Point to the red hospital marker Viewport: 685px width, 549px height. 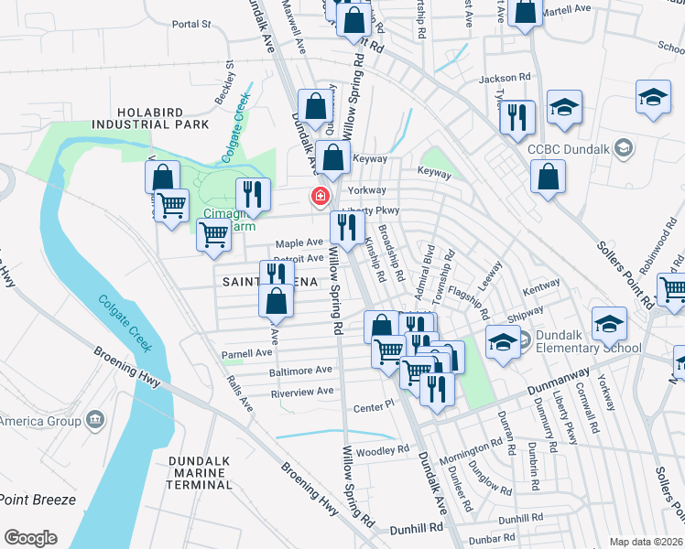[x=321, y=196]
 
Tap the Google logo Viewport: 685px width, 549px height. [x=30, y=538]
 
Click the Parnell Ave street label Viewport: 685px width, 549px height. [x=247, y=352]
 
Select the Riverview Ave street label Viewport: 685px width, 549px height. [x=301, y=392]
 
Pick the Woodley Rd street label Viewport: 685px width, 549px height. [x=383, y=450]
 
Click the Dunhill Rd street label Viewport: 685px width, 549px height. [x=417, y=528]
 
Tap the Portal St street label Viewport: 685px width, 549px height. [x=190, y=23]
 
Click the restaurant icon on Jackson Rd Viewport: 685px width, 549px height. [x=517, y=117]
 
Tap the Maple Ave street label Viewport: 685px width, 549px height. [x=299, y=243]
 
